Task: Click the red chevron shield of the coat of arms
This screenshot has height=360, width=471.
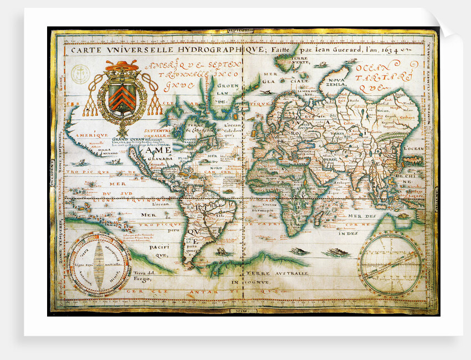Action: pos(121,96)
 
